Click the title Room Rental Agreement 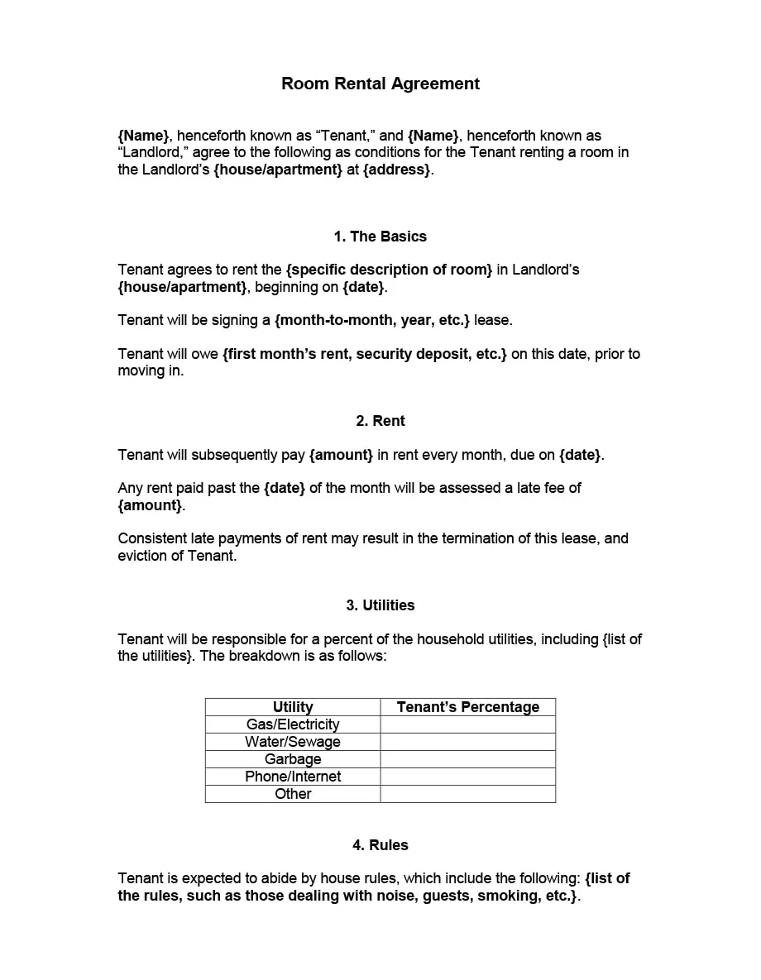tap(380, 84)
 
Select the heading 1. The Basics tap(380, 237)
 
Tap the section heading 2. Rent tap(380, 421)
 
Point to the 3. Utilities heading tap(380, 605)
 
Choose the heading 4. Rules tap(380, 845)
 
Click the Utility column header tap(293, 707)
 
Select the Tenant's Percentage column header tap(468, 707)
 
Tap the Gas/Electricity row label tap(293, 724)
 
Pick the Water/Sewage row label tap(293, 742)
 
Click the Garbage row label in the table tap(293, 759)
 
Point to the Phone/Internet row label tap(293, 777)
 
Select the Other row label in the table tap(293, 794)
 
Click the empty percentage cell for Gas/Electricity tap(468, 724)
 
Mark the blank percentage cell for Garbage tap(468, 759)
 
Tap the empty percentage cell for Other tap(468, 794)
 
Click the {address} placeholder tap(397, 170)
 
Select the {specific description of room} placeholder tap(389, 270)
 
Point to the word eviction tap(144, 556)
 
